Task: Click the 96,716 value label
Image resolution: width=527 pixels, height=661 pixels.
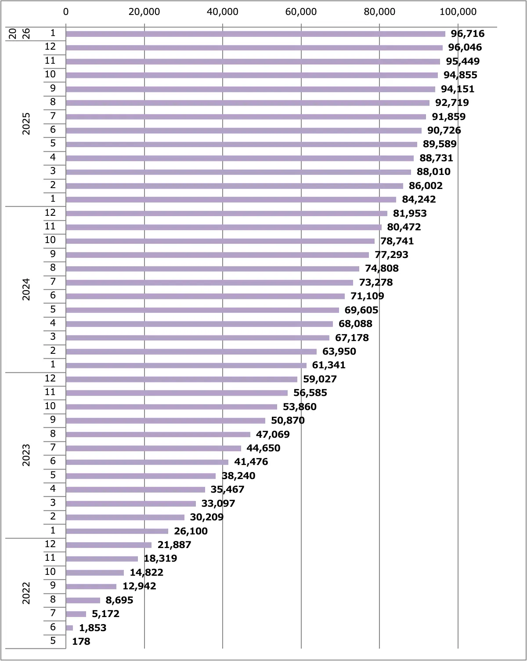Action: [x=467, y=34]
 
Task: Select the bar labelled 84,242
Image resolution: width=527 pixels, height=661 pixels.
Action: [x=231, y=200]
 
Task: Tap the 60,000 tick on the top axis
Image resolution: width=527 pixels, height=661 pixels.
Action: [x=301, y=12]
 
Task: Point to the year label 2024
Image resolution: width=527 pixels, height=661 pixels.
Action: [x=26, y=289]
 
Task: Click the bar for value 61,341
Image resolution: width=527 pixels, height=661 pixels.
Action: [x=186, y=365]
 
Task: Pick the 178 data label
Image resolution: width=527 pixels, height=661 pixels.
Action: [x=81, y=642]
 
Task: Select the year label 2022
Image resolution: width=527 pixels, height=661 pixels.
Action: [x=26, y=593]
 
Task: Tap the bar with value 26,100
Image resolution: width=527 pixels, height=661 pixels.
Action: [x=117, y=531]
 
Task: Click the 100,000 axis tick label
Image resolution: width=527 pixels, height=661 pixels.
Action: [x=458, y=12]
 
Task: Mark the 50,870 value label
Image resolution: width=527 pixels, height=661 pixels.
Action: [x=288, y=421]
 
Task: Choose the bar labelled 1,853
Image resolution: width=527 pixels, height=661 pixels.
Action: [x=69, y=628]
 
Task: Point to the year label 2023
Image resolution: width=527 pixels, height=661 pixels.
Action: [x=26, y=455]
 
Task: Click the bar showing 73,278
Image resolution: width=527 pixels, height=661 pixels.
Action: [x=209, y=283]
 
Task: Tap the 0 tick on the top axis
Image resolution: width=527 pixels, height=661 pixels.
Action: [x=66, y=12]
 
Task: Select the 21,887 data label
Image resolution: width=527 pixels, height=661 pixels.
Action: [x=174, y=545]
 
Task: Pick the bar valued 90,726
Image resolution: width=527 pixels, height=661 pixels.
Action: [x=243, y=131]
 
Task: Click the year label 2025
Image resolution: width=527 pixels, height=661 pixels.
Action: [x=26, y=123]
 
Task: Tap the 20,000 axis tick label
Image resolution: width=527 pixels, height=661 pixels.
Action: [x=144, y=12]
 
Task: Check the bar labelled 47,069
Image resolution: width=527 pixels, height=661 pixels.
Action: [x=158, y=434]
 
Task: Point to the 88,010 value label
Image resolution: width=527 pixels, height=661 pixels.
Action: [x=433, y=172]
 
